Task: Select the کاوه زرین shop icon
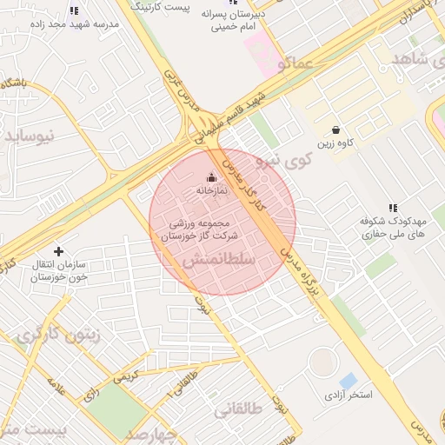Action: [x=335, y=130]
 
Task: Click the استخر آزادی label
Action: [x=348, y=395]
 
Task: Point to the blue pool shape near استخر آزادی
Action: [x=348, y=381]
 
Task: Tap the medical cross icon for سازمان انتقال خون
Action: [x=58, y=251]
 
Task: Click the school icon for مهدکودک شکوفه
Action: [x=393, y=208]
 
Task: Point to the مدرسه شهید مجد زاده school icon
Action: [x=74, y=11]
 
